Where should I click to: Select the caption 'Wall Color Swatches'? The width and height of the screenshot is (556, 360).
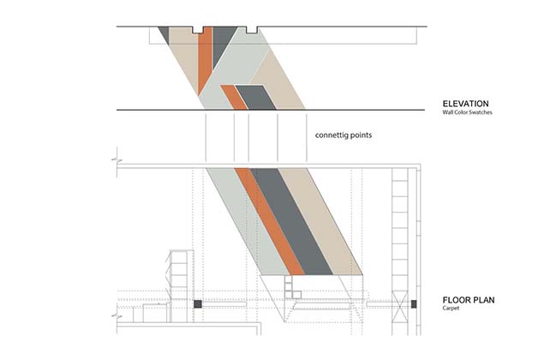(467, 113)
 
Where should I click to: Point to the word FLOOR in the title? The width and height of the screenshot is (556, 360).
(458, 300)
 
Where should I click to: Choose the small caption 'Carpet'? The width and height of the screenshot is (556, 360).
(451, 309)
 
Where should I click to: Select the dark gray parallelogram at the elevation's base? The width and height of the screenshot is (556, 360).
(255, 97)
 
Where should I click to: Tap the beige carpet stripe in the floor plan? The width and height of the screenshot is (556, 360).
(330, 223)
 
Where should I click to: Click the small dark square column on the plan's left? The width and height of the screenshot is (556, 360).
(196, 303)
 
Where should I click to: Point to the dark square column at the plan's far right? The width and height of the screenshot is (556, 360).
(413, 303)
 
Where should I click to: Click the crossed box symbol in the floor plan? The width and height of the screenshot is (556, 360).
(398, 303)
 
